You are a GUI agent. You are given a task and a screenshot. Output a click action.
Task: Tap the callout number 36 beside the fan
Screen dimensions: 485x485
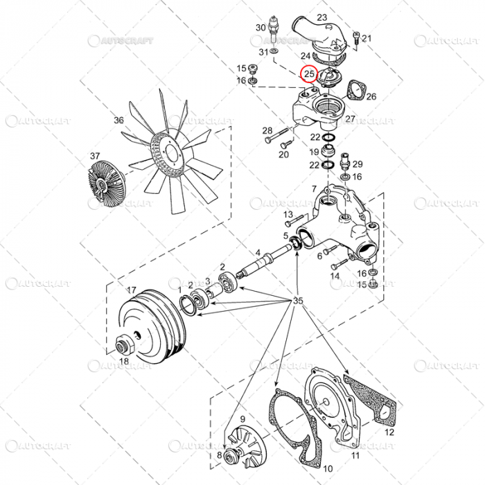pos(118,121)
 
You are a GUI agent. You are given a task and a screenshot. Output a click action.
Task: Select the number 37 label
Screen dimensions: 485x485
pos(94,157)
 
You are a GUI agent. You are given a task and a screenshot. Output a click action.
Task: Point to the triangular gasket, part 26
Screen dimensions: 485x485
pos(358,89)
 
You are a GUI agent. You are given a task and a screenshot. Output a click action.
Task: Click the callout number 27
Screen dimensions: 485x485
pos(350,119)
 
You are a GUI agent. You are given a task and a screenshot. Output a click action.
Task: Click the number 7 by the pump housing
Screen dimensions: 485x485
pos(314,188)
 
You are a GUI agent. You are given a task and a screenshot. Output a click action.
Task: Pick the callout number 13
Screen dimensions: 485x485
pos(288,215)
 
